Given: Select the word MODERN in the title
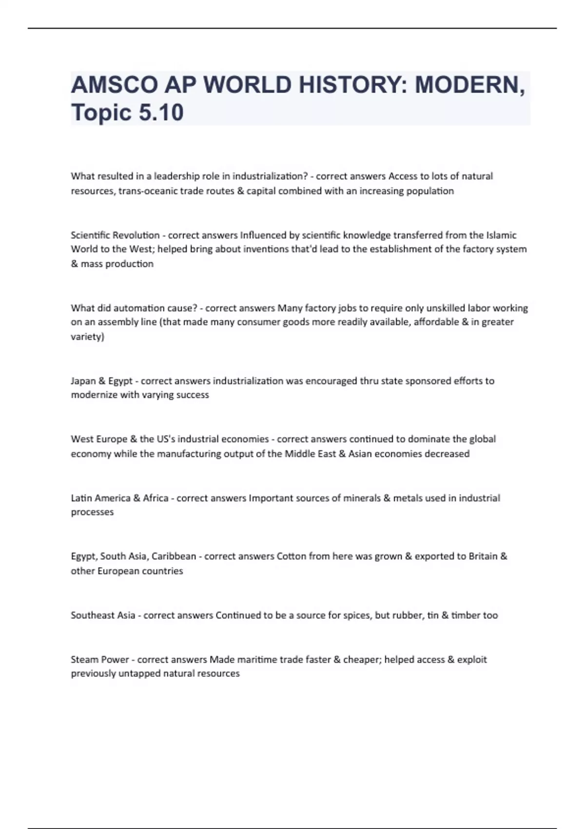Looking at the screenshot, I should tap(469, 85).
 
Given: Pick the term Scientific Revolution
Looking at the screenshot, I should tap(115, 235).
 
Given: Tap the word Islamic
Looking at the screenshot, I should tap(501, 235).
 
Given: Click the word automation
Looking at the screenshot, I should tap(139, 308).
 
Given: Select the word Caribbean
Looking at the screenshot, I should tap(174, 556).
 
